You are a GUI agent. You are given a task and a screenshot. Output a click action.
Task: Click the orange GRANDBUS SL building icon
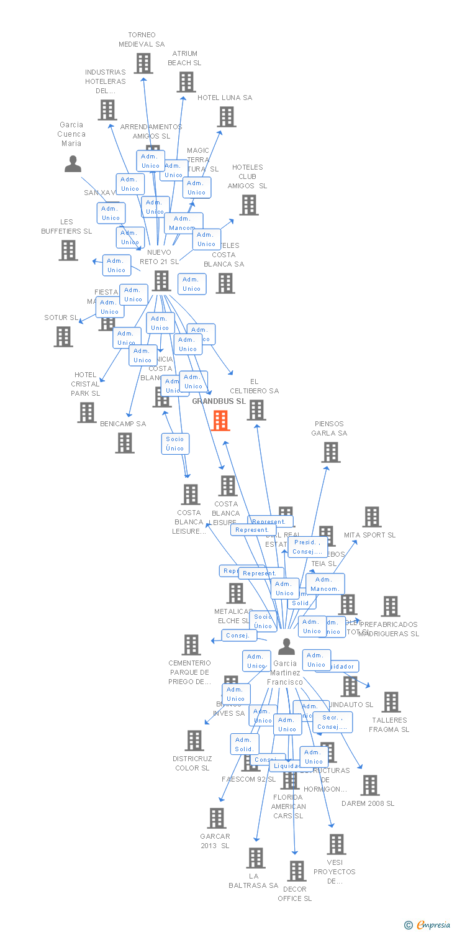(220, 421)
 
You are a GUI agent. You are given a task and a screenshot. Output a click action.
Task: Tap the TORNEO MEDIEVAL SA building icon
(143, 63)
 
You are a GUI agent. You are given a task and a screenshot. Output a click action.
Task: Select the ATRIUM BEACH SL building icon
(186, 82)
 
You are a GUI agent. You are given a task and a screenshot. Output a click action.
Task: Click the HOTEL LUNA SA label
(225, 98)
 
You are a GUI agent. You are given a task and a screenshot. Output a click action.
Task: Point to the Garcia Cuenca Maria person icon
(73, 164)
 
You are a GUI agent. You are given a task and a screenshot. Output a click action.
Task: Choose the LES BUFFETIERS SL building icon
(68, 250)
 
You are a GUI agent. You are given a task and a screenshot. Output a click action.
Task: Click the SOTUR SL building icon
(63, 337)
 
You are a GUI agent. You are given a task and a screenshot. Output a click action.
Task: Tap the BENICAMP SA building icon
(125, 442)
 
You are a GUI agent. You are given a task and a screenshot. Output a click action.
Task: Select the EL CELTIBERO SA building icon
(256, 410)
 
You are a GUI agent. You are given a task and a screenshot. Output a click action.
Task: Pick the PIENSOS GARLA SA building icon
(331, 452)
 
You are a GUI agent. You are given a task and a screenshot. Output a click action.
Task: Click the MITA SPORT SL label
(369, 535)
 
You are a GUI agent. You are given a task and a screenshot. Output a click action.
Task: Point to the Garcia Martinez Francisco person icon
(286, 647)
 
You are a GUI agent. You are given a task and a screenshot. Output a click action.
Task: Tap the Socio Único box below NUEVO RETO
(175, 444)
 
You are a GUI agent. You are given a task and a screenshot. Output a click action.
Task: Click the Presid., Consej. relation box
(308, 547)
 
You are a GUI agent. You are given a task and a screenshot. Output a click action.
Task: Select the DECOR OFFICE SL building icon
(297, 871)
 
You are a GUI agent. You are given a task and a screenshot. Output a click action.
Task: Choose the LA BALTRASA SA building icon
(255, 858)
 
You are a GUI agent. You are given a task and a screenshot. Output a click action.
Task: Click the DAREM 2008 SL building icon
(369, 785)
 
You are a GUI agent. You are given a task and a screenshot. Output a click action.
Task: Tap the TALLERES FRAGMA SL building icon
(391, 702)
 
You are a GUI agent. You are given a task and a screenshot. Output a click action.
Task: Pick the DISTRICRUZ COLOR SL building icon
(194, 741)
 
